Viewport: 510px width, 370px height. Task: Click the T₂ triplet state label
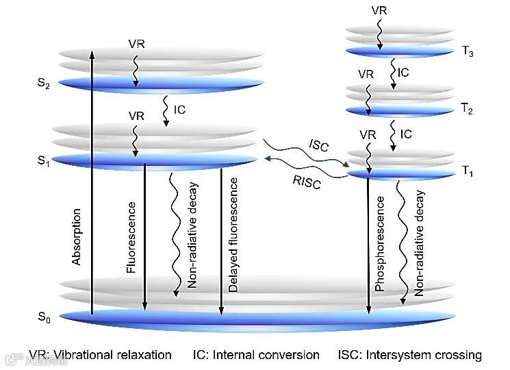[467, 109]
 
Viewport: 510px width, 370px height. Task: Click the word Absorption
[77, 236]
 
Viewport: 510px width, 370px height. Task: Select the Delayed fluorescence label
[234, 236]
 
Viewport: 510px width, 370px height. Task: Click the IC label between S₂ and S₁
[180, 109]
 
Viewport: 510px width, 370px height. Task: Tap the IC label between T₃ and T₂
[404, 71]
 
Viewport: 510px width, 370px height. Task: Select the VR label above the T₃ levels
[379, 10]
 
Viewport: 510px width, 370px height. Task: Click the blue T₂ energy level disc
[400, 110]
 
